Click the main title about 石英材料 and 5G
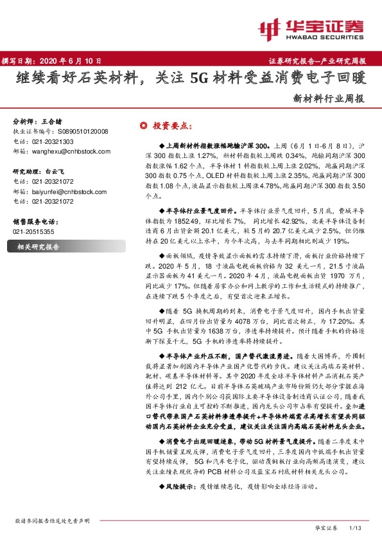[x=190, y=79]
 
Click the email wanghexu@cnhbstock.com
[x=71, y=151]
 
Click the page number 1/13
[x=355, y=527]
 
